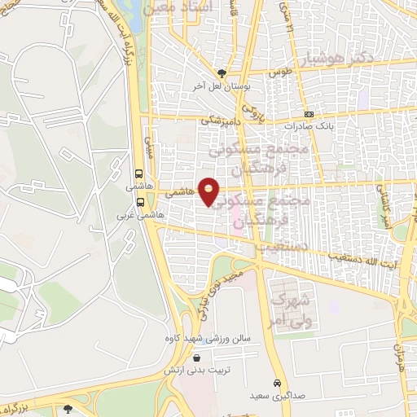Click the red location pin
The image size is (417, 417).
pyautogui.click(x=209, y=191)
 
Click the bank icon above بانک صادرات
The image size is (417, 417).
pyautogui.click(x=308, y=115)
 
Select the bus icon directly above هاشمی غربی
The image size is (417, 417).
pyautogui.click(x=141, y=201)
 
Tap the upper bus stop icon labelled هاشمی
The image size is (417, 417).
pyautogui.click(x=139, y=173)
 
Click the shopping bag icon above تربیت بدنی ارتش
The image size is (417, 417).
pyautogui.click(x=196, y=358)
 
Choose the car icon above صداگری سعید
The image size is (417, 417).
pyautogui.click(x=277, y=383)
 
